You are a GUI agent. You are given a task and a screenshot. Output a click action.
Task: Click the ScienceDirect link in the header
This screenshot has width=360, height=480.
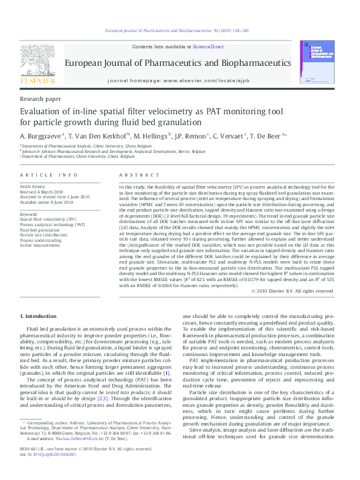tap(208, 47)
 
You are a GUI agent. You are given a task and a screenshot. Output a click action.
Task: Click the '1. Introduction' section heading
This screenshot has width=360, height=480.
tap(40, 316)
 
